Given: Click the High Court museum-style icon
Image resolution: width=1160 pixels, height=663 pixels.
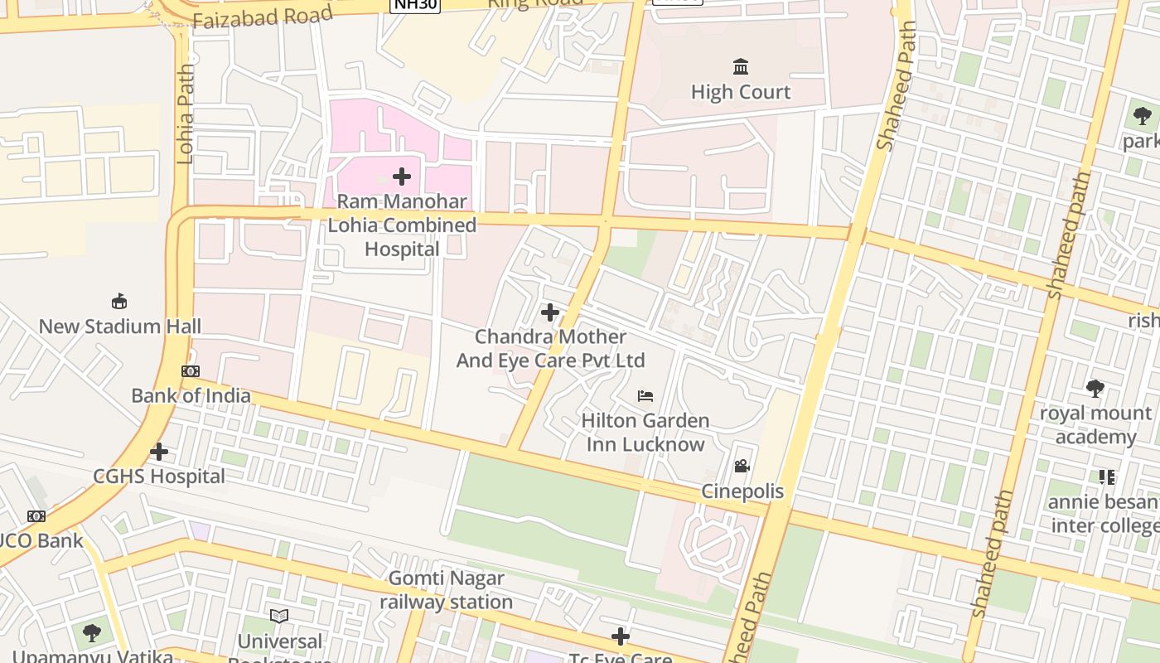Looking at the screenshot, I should point(741,66).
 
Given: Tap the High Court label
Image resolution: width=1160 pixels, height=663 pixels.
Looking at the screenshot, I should point(741,92).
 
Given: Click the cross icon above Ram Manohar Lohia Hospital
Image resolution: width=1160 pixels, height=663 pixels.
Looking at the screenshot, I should point(402,177).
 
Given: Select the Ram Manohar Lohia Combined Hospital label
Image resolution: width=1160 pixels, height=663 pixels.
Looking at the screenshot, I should point(402,225).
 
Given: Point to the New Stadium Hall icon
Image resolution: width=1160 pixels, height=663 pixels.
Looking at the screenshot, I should point(119,301).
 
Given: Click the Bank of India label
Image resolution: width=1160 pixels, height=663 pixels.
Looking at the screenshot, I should point(191,395).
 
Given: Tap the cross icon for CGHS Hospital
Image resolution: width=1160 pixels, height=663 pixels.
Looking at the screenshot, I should point(159,452).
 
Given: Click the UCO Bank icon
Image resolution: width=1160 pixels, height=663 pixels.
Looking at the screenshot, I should point(36,516).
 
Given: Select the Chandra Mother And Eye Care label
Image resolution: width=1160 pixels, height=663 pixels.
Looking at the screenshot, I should point(550,349).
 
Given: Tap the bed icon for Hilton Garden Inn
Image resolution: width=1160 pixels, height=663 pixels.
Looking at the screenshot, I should point(645,396).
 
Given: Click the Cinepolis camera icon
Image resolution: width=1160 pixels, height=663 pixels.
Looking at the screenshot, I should point(742,467).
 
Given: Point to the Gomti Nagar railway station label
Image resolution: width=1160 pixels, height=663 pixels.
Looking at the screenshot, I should point(446,590).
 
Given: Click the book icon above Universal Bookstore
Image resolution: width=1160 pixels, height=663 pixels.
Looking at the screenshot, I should point(279,616).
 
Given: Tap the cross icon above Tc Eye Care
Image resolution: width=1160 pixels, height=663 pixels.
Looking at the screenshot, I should point(621,636).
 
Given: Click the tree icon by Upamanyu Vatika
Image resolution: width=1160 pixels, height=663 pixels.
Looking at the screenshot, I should point(92,633).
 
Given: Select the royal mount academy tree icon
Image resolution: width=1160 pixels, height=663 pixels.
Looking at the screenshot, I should point(1095,388).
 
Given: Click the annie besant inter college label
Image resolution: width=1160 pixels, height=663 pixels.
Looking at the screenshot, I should point(1104,514).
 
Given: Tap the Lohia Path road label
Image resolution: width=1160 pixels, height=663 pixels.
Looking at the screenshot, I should point(185,114).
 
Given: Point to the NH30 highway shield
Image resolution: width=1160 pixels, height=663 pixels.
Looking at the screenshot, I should point(415,5).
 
